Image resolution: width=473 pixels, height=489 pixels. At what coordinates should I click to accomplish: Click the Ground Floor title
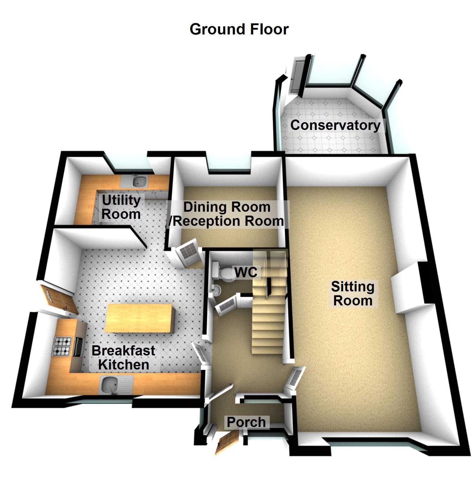coord(239,29)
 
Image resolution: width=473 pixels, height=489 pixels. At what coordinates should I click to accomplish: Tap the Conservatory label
coord(335,125)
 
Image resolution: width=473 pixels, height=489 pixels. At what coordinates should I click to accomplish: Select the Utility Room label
coord(121,207)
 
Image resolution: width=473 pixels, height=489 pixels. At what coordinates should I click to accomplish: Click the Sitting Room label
coord(353,293)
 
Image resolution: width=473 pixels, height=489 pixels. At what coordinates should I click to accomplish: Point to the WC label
coord(246,272)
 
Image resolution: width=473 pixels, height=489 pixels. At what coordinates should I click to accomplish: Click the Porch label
coord(246,422)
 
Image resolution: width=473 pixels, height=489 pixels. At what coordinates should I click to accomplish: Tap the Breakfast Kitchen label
coord(123,358)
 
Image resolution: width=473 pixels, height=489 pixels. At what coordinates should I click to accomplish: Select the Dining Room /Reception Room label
coord(226,214)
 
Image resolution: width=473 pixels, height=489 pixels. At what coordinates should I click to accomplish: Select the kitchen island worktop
coord(139,318)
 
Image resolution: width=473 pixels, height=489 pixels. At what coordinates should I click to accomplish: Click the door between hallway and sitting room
coord(294,378)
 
